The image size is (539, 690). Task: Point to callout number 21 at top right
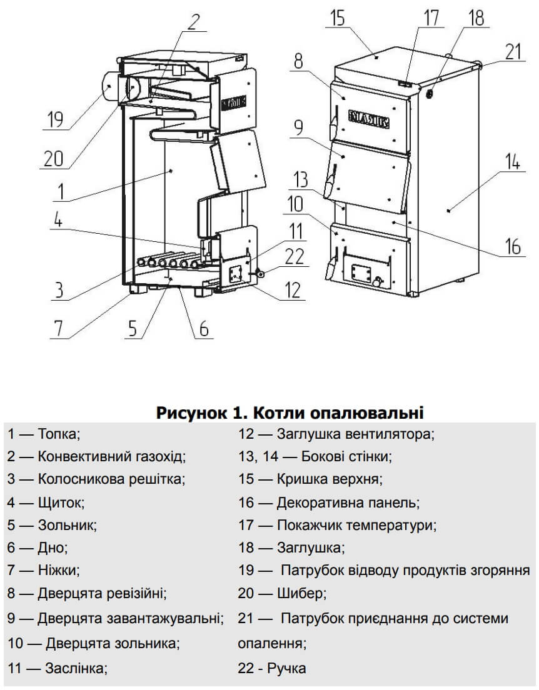[513, 52]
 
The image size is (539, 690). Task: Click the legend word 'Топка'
[59, 433]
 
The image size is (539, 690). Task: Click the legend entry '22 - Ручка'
[272, 668]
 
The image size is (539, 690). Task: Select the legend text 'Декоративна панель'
[348, 502]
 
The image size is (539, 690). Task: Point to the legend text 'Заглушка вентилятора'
[355, 433]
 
